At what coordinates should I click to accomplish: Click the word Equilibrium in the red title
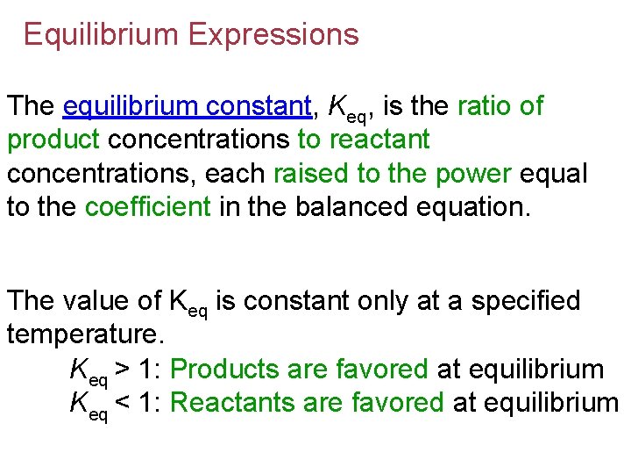point(102,34)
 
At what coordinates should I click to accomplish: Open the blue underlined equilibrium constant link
point(188,107)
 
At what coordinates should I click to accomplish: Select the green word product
point(56,140)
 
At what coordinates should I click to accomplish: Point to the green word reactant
point(379,140)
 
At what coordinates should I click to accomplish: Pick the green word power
point(471,173)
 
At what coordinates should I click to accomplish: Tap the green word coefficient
point(147,206)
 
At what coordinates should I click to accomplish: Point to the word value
point(100,301)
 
